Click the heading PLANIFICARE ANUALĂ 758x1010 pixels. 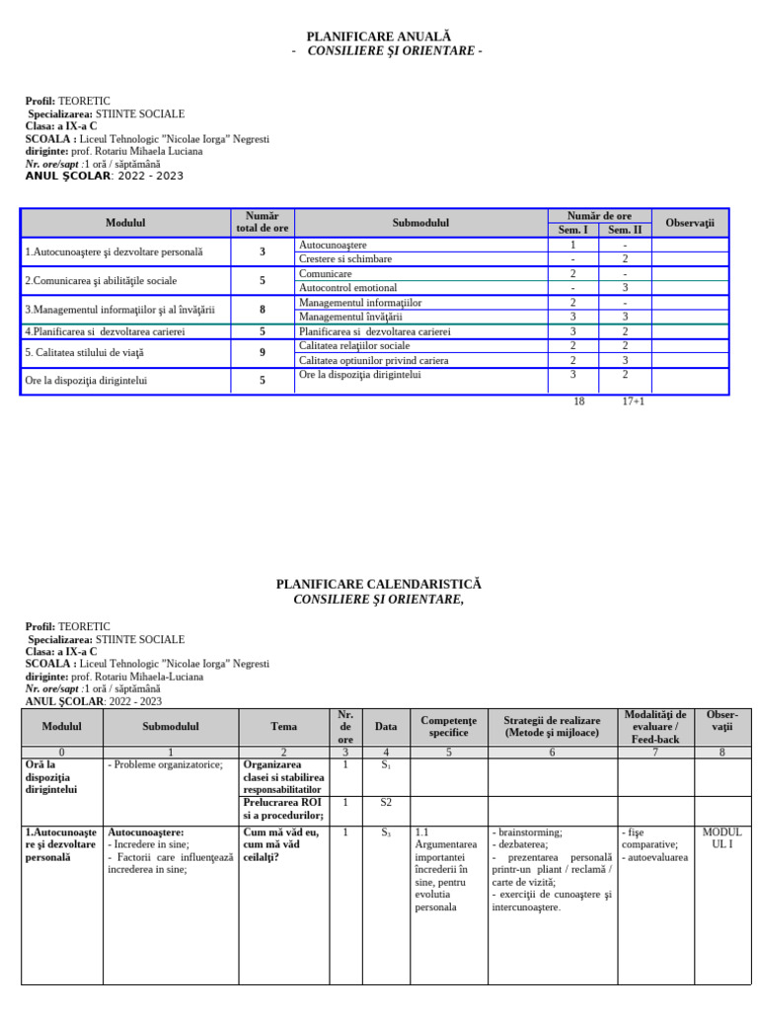click(x=379, y=36)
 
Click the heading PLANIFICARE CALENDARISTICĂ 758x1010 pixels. click(x=379, y=585)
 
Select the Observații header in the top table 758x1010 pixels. click(x=689, y=223)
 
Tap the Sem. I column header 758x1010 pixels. click(x=572, y=230)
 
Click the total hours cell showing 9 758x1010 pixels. click(x=263, y=352)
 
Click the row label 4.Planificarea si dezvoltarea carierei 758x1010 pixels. click(x=105, y=332)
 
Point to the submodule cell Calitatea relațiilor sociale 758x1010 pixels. click(x=353, y=346)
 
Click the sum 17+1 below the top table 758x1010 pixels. click(x=633, y=401)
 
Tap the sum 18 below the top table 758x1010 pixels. click(x=578, y=401)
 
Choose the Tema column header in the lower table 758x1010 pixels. click(x=283, y=727)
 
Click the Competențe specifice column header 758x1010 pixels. click(x=448, y=727)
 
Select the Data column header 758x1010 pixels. click(x=386, y=727)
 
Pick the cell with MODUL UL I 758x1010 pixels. click(x=721, y=838)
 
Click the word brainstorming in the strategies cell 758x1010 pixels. click(x=530, y=832)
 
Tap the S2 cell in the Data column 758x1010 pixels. click(x=386, y=803)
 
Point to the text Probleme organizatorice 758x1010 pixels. click(x=167, y=764)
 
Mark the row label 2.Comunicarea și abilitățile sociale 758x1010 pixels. click(x=101, y=281)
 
